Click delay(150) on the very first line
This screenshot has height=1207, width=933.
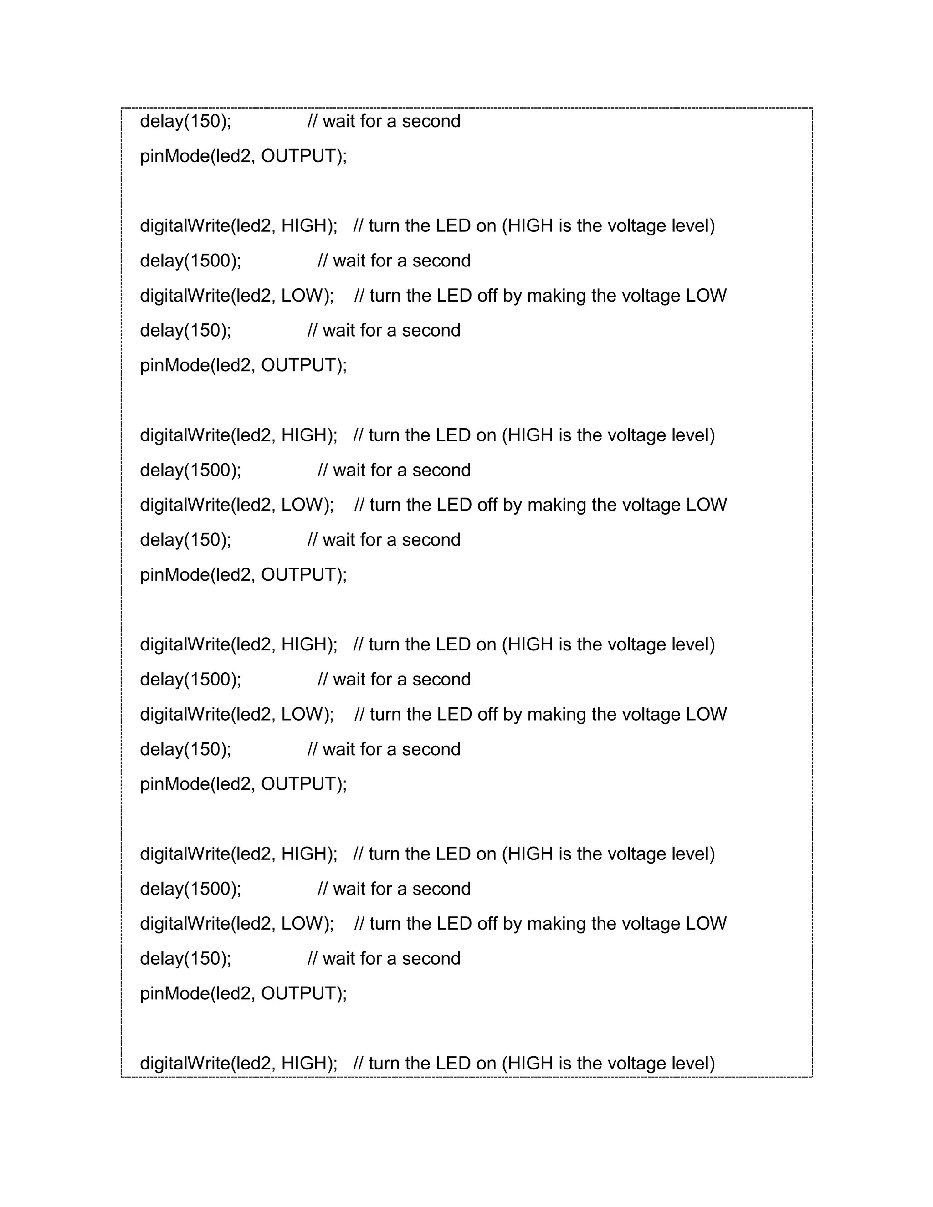click(185, 122)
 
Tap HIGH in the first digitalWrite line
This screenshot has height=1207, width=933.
click(303, 226)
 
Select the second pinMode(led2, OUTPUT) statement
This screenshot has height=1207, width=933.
click(243, 365)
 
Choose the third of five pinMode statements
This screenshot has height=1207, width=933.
click(243, 575)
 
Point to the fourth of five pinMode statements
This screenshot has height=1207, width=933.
click(243, 784)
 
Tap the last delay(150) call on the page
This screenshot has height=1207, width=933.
click(185, 959)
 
